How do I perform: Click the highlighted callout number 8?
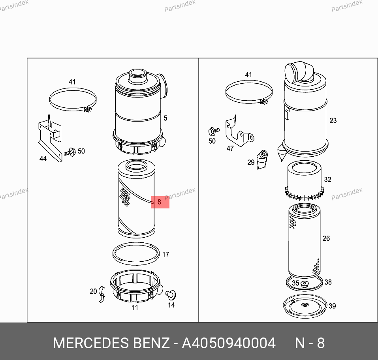click(159, 202)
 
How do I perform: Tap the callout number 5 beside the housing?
click(165, 118)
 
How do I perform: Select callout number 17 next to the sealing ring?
click(165, 255)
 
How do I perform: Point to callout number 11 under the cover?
click(135, 307)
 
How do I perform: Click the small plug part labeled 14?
click(171, 295)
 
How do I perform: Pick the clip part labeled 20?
click(102, 294)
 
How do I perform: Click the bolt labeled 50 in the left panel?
click(70, 152)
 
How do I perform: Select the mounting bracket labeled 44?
click(50, 138)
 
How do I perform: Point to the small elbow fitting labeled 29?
click(262, 159)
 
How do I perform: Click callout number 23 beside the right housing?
click(333, 120)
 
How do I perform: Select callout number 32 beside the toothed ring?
click(327, 179)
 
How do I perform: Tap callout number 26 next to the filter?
click(326, 238)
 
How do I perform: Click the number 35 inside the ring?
click(295, 283)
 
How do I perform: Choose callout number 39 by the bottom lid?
click(332, 306)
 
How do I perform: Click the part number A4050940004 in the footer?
click(229, 343)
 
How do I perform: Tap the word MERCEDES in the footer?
click(90, 343)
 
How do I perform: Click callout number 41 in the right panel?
click(248, 75)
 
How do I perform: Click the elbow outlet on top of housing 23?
click(299, 72)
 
